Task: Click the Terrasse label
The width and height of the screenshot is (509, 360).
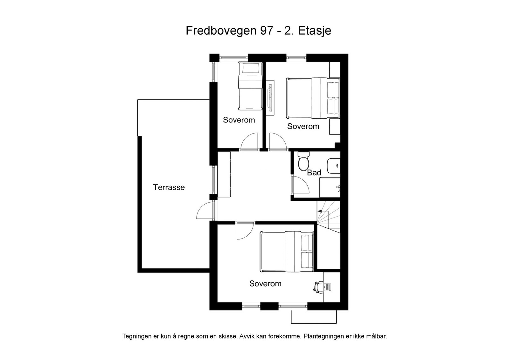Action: (x=169, y=187)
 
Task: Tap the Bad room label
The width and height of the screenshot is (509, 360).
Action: (x=314, y=173)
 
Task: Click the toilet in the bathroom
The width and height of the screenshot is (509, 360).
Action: (x=303, y=162)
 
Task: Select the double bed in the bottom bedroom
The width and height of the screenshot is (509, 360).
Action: (x=287, y=251)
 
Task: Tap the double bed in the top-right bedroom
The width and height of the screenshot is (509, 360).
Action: (x=313, y=98)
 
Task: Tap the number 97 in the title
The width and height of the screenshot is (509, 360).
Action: (x=266, y=31)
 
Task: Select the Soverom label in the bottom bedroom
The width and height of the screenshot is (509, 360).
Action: (x=265, y=284)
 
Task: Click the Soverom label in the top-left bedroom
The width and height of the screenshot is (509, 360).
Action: (x=239, y=120)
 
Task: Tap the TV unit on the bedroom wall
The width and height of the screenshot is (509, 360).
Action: (x=271, y=95)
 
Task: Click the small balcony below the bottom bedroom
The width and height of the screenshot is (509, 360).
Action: (x=314, y=317)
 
